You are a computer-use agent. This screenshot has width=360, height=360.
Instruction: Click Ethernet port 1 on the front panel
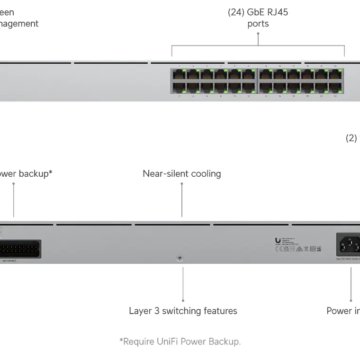tap(180, 75)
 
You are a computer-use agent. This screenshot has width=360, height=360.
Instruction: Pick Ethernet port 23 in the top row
tap(336, 75)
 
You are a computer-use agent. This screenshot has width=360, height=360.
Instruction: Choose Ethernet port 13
tap(266, 75)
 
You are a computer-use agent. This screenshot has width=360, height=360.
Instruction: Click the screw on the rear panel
tap(180, 258)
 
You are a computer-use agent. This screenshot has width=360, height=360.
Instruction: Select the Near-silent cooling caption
tap(182, 174)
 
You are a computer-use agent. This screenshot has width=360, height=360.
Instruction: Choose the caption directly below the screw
tap(183, 311)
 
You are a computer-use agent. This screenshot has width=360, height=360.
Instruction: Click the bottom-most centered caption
tap(180, 341)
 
